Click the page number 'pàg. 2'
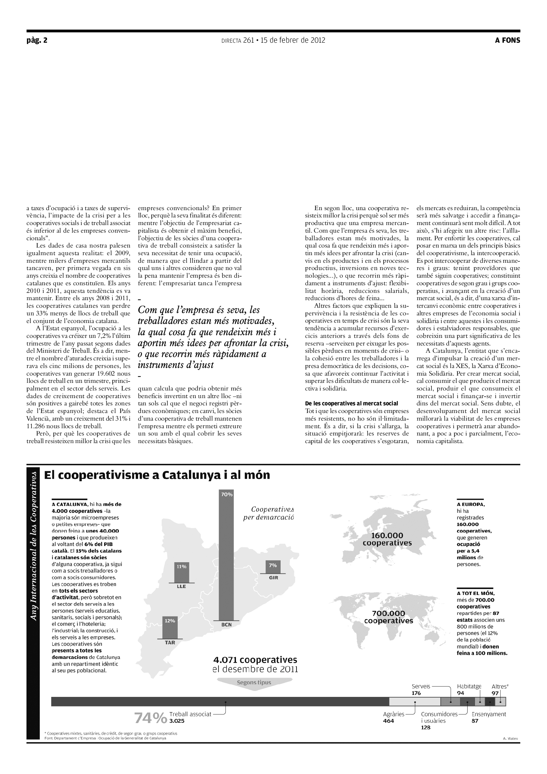(37, 40)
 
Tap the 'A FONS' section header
(507, 40)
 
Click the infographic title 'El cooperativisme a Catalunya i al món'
(157, 475)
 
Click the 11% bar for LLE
(182, 572)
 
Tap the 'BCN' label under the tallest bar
(226, 624)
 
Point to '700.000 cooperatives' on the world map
(388, 617)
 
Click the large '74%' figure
(150, 718)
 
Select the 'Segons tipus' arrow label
(254, 682)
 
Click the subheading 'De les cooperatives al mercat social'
(351, 403)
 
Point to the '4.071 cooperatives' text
(255, 660)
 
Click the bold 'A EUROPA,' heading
(471, 504)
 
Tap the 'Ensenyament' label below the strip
(488, 714)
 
